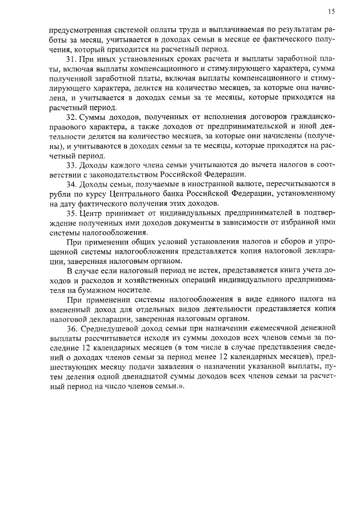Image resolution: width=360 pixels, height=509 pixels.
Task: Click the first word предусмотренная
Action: (x=83, y=30)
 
